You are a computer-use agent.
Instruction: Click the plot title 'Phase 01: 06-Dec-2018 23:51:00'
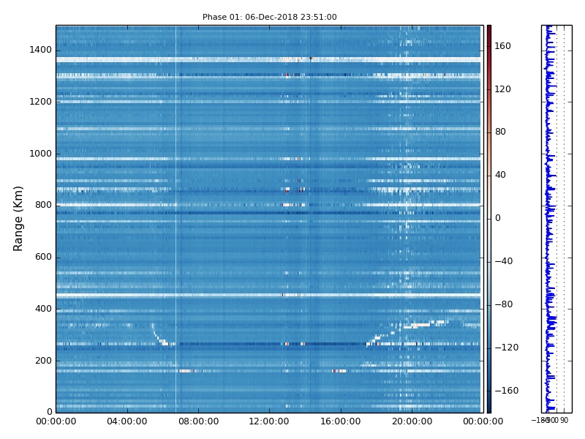pos(269,17)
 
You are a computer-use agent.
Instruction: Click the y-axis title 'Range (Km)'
pos(19,218)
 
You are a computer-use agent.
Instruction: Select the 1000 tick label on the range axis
pos(40,154)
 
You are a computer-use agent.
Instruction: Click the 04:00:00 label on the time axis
pos(127,422)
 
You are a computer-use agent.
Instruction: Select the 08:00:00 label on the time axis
pos(198,422)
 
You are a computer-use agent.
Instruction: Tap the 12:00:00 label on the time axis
pos(269,422)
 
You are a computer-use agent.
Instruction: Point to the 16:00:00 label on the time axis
pos(340,422)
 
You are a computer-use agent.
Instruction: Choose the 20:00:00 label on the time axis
pos(412,422)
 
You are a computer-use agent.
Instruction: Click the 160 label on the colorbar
pos(502,46)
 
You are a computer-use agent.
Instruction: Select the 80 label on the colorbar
pos(500,132)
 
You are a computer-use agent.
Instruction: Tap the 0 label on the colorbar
pos(498,218)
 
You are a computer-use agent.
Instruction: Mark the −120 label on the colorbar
pos(505,348)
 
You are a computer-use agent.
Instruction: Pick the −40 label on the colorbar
pos(503,261)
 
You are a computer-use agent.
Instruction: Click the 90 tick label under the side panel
pos(564,421)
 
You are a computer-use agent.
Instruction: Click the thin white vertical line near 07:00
pos(175,219)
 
